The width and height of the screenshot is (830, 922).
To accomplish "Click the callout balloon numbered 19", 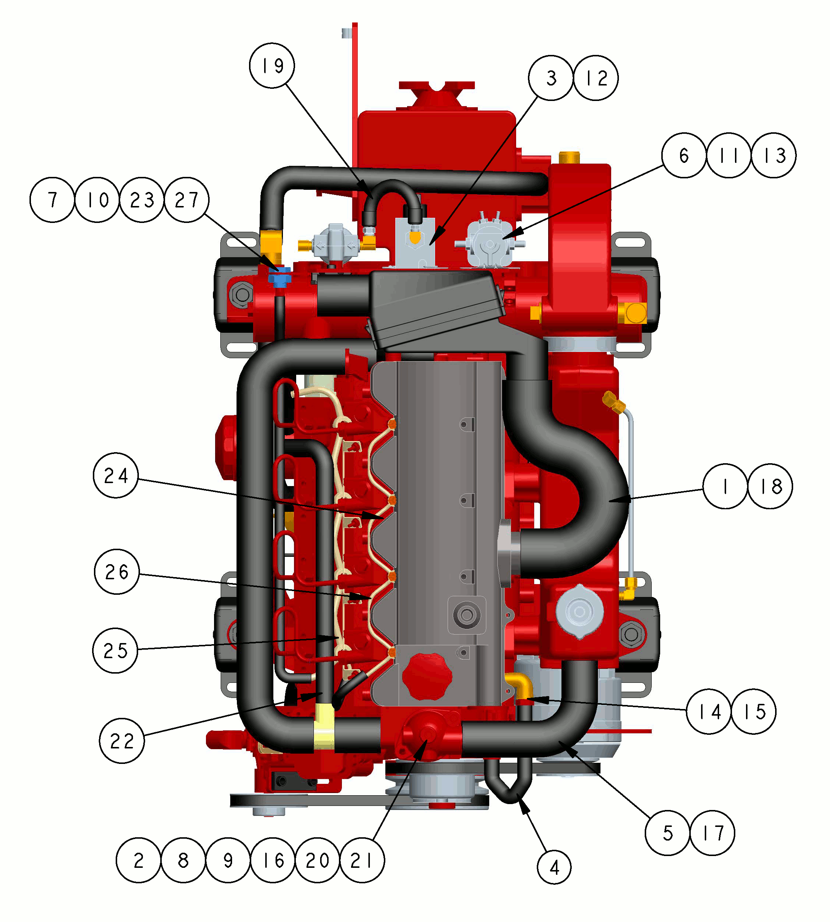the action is point(272,66).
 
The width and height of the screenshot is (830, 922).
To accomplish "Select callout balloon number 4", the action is point(554,867).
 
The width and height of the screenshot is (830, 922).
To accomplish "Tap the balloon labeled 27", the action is point(186,200).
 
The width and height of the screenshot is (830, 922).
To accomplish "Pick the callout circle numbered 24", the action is point(116,475).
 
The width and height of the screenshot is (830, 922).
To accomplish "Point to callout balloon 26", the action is point(117,572).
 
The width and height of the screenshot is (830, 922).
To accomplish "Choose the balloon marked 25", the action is point(115,650).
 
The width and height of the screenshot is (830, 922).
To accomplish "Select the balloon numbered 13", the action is point(774,155).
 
